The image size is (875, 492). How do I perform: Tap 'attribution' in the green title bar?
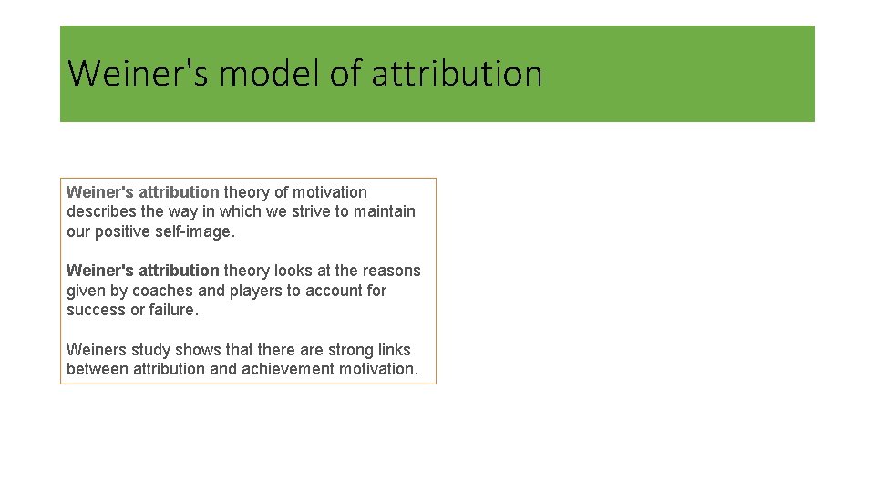pos(457,73)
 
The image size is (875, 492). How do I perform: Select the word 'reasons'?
pos(391,271)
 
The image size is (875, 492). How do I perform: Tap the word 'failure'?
pos(172,310)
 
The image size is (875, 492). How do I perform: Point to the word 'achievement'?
pos(284,369)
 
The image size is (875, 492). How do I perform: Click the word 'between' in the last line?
pos(98,369)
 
